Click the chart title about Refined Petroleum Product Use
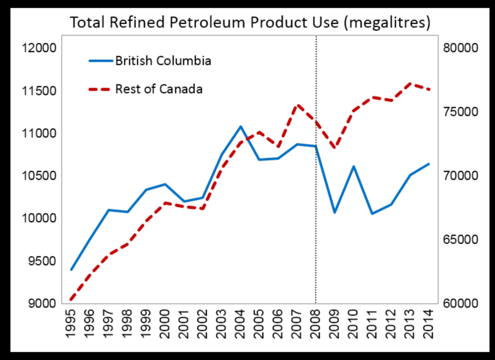tap(250, 23)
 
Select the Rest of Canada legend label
tap(159, 89)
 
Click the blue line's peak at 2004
tap(240, 126)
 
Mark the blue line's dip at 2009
tap(334, 212)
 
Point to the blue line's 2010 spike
tap(353, 166)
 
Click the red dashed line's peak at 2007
tap(297, 105)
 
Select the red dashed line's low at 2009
tap(334, 148)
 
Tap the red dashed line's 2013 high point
tap(410, 83)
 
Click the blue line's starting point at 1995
tap(71, 270)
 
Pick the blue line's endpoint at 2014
tap(429, 164)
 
